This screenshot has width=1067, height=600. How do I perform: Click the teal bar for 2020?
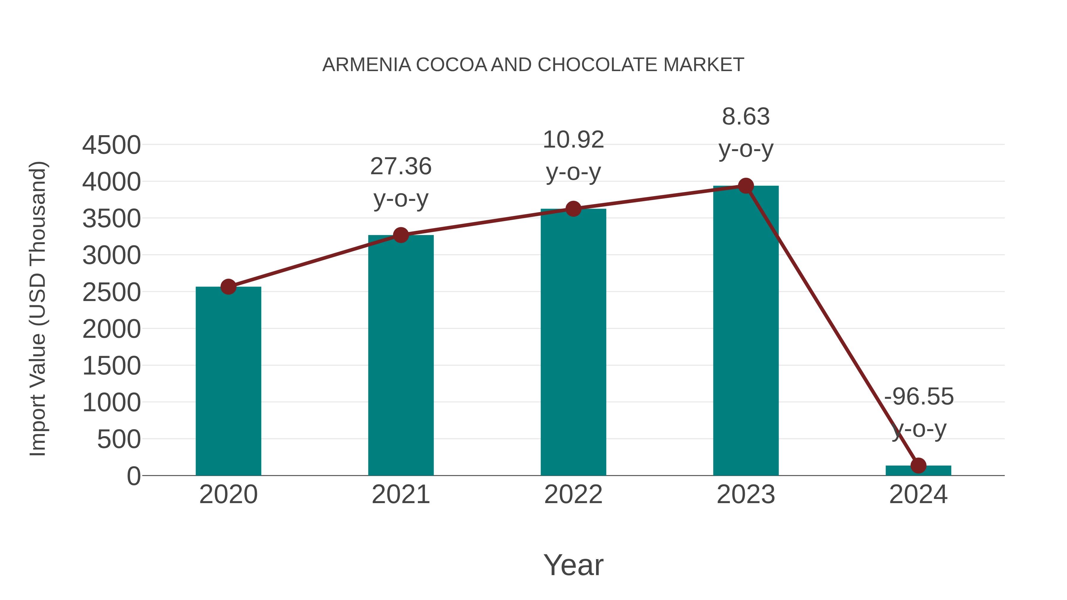click(x=228, y=381)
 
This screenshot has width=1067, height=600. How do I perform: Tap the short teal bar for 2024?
click(x=918, y=471)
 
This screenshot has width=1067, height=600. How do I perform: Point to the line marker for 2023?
click(x=746, y=186)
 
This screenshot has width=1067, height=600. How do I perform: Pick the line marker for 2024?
click(x=918, y=465)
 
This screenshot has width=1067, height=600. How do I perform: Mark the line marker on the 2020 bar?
click(x=228, y=287)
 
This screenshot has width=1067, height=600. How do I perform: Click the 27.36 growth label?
click(x=400, y=167)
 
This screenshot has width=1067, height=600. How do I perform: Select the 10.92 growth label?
click(x=573, y=140)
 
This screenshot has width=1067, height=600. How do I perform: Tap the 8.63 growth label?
click(x=746, y=117)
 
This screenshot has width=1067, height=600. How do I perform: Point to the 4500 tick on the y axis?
click(x=111, y=145)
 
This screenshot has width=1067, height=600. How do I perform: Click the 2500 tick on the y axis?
click(x=111, y=293)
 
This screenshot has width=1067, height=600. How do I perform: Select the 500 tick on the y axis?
click(x=119, y=439)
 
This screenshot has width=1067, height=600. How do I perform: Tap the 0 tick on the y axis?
click(x=134, y=476)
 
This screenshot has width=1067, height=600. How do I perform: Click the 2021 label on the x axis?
click(x=400, y=495)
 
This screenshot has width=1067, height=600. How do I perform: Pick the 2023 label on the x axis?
click(x=746, y=495)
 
